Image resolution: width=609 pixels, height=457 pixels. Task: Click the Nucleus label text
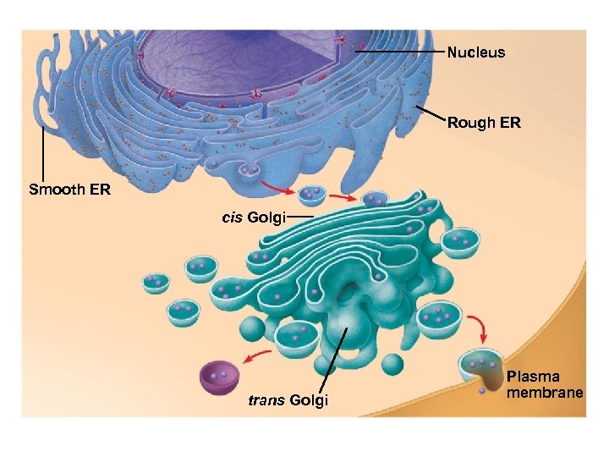(475, 52)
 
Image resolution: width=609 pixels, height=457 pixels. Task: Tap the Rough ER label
(484, 123)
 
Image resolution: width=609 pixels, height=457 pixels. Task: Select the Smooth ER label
(69, 190)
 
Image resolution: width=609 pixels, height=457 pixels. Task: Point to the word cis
(232, 218)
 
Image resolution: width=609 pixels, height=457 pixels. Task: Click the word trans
(266, 400)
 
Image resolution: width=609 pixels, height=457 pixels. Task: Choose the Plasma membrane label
(545, 384)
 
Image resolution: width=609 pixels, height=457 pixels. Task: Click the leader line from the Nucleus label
(402, 52)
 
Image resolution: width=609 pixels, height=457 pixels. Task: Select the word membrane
(545, 393)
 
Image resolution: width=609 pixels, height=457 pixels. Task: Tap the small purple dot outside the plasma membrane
(481, 391)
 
